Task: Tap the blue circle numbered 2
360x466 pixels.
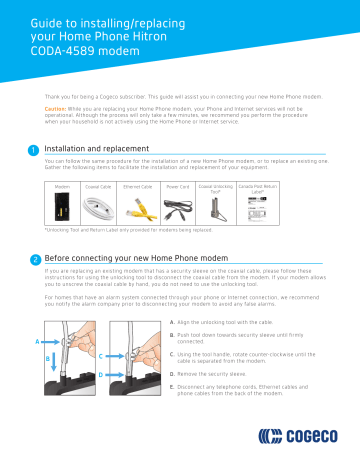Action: pyautogui.click(x=35, y=259)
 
